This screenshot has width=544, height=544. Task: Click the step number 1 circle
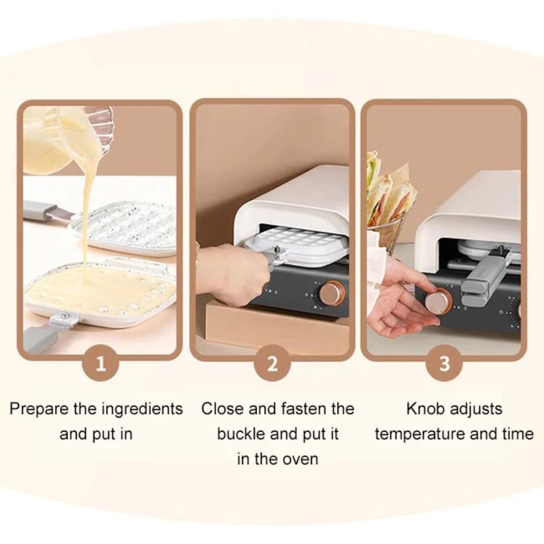click(x=101, y=363)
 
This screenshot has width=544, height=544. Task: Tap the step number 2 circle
click(x=272, y=363)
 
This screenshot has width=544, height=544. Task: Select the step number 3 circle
click(x=443, y=363)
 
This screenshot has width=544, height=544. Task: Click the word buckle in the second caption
click(x=243, y=433)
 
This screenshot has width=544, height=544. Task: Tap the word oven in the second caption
click(x=300, y=458)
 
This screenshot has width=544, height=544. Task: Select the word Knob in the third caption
click(x=427, y=409)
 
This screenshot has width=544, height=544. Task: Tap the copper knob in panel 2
click(x=333, y=293)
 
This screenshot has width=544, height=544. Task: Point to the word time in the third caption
click(x=517, y=433)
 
